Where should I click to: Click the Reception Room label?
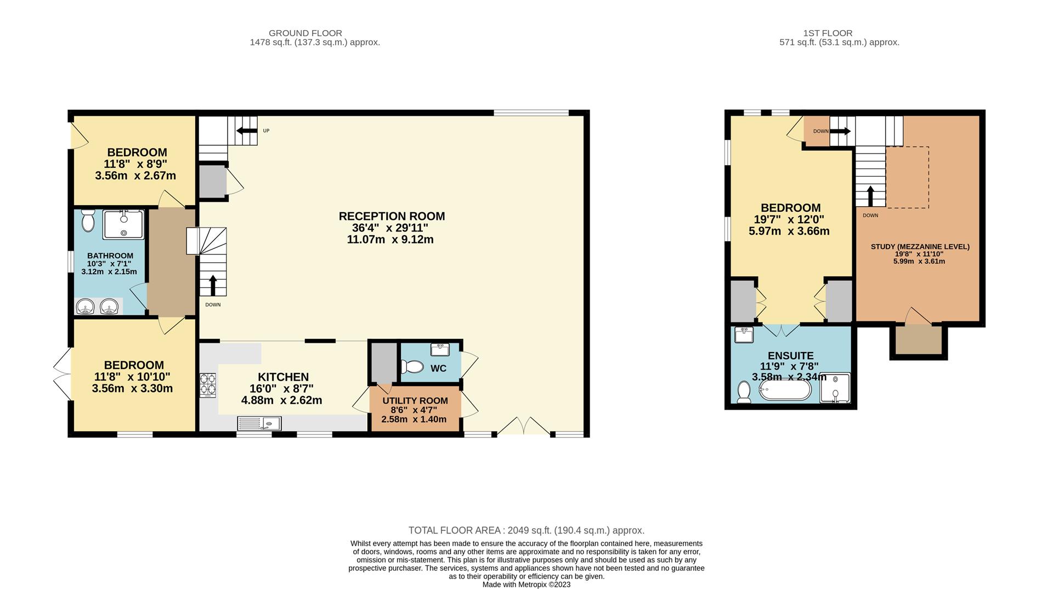[392, 216]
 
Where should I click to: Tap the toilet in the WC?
[412, 366]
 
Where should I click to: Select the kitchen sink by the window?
[259, 423]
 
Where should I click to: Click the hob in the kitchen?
[208, 384]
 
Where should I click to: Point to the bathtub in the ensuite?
[785, 390]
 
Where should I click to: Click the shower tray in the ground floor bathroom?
[124, 224]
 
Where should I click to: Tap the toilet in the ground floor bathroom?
[88, 221]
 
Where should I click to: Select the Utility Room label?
[415, 401]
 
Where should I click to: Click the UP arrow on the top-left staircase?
[246, 131]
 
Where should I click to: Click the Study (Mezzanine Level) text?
[920, 247]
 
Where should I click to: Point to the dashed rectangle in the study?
[907, 177]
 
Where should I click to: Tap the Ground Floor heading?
[305, 33]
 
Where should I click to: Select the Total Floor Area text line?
[526, 530]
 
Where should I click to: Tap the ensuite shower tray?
[835, 388]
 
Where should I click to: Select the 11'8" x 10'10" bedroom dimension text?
[132, 377]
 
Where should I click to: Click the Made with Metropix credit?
[526, 585]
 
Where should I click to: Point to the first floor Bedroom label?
[790, 208]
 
